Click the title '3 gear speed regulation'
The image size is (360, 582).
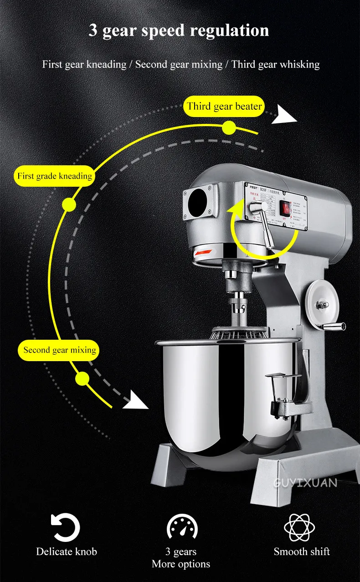179,31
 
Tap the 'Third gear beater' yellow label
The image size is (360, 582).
225,107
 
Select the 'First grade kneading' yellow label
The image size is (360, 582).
55,176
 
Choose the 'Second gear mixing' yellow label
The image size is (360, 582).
60,350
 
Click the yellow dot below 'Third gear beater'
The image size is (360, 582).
229,128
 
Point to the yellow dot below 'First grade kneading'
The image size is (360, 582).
69,204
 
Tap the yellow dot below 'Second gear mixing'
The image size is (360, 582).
82,378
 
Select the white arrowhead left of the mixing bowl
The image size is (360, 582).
137,400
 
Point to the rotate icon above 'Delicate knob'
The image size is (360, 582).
66,527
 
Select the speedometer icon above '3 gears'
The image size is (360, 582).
182,528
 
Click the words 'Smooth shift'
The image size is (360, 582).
302,551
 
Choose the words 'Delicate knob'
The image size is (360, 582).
67,551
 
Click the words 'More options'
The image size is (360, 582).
181,564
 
